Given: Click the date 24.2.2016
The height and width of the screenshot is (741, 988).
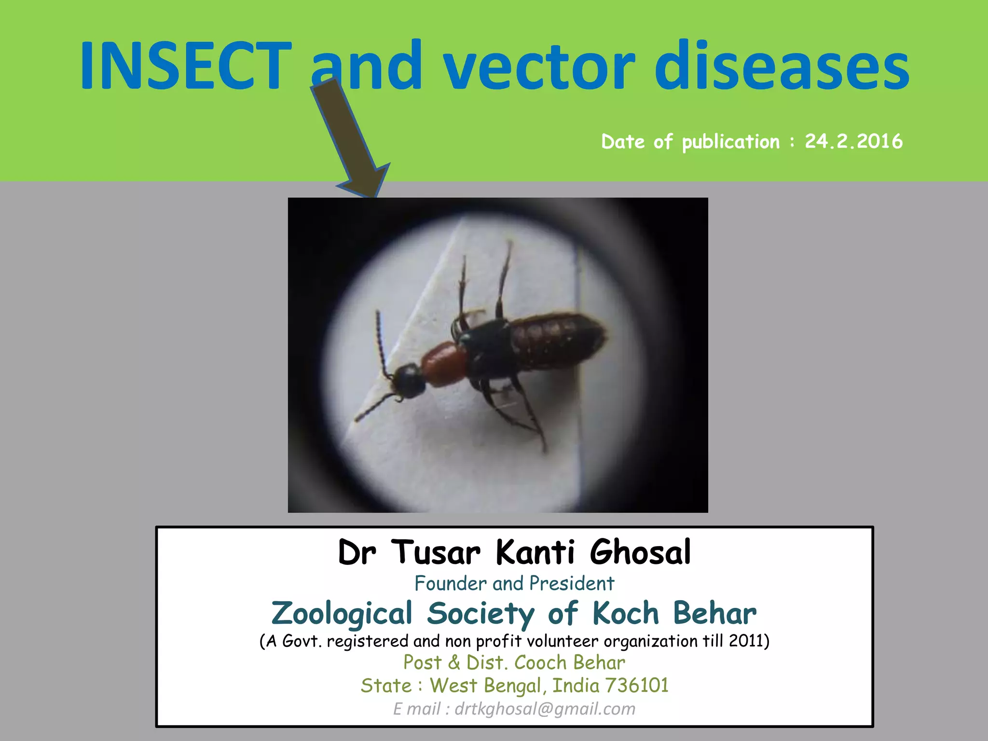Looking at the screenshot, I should tap(853, 141).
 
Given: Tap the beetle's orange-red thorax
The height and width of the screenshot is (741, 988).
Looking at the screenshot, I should tap(444, 364).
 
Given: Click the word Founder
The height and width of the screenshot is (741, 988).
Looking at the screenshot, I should tap(451, 584).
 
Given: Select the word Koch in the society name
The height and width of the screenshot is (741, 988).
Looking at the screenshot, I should tap(625, 614).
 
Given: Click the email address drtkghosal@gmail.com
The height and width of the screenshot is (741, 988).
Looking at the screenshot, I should tap(545, 709).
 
